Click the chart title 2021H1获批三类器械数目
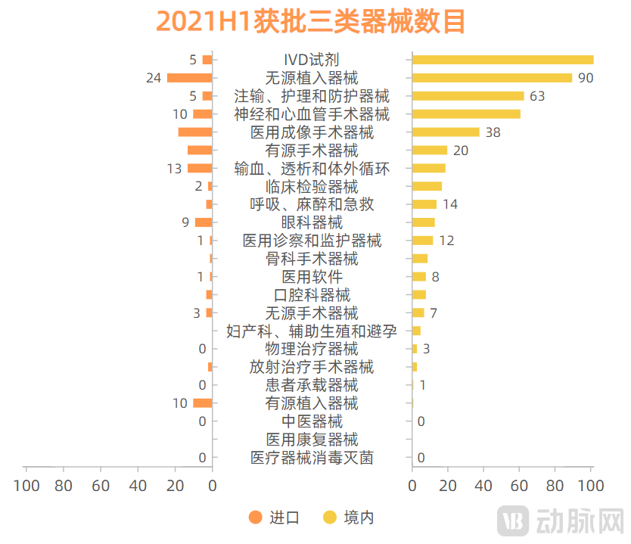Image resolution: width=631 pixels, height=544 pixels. click(311, 22)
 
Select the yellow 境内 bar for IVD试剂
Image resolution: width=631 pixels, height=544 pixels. click(502, 60)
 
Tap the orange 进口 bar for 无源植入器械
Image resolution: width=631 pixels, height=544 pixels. click(189, 78)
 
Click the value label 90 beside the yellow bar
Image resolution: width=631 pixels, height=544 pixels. click(585, 78)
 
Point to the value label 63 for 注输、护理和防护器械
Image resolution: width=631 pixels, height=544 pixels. click(537, 96)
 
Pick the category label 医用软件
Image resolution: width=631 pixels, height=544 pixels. click(312, 277)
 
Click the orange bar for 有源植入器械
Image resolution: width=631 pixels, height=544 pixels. click(202, 403)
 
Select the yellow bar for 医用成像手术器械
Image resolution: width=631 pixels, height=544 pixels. click(446, 132)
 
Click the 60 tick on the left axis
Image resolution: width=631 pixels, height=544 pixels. click(101, 485)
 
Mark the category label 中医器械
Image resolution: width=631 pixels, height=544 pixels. click(312, 421)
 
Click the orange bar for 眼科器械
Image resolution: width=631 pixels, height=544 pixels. click(204, 222)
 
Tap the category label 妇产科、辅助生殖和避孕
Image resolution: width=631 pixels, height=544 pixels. click(312, 331)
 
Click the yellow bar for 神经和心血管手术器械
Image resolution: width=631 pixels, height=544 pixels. click(466, 114)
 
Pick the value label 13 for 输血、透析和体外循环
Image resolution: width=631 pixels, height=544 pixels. click(174, 169)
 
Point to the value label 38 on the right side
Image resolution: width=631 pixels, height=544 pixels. click(493, 132)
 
